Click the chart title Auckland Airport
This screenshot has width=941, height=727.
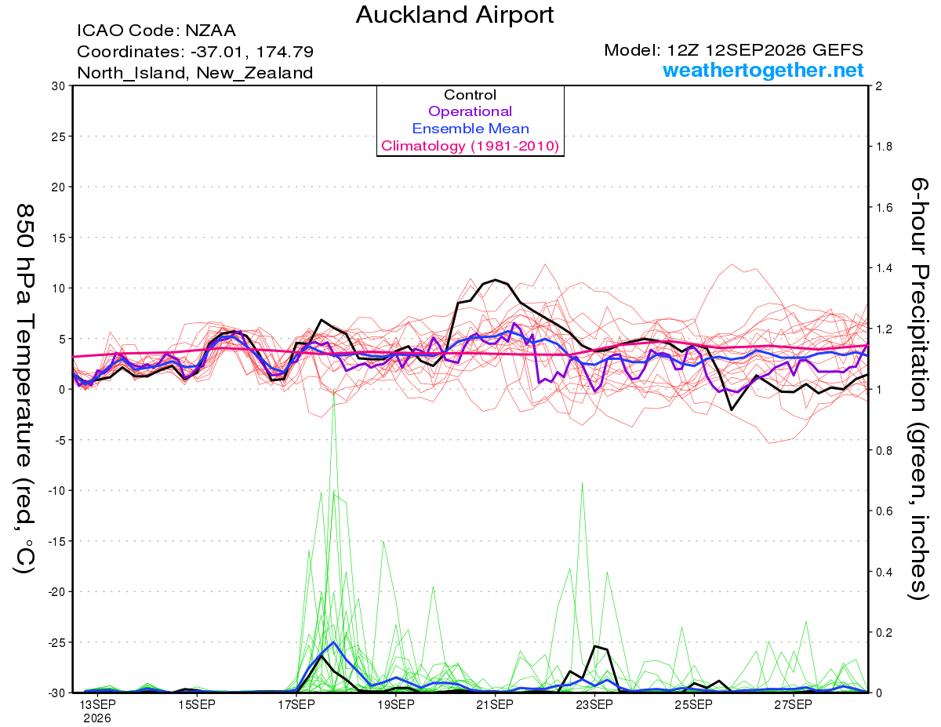pyautogui.click(x=454, y=15)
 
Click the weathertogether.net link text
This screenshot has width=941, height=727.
pyautogui.click(x=763, y=70)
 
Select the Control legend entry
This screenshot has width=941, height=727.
pyautogui.click(x=470, y=95)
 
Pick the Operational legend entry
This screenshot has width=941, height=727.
pyautogui.click(x=470, y=111)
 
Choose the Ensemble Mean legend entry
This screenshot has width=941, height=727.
pyautogui.click(x=470, y=129)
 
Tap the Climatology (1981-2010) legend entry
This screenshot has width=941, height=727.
pyautogui.click(x=470, y=146)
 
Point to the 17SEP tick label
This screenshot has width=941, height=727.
pyautogui.click(x=296, y=704)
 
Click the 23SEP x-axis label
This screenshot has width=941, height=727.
pyautogui.click(x=594, y=704)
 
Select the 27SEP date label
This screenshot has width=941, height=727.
pyautogui.click(x=794, y=704)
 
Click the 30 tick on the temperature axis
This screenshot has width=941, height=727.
pyautogui.click(x=59, y=86)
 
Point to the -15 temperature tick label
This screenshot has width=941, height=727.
pyautogui.click(x=56, y=541)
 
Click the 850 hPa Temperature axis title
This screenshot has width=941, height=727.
pyautogui.click(x=24, y=389)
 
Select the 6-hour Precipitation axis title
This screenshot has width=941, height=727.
pyautogui.click(x=918, y=388)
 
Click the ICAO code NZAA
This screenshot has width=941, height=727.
pyautogui.click(x=210, y=31)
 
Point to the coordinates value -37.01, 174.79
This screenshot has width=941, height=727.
pyautogui.click(x=252, y=52)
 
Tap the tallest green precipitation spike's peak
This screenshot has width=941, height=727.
pyautogui.click(x=333, y=390)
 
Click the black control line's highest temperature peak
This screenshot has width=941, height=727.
pyautogui.click(x=496, y=280)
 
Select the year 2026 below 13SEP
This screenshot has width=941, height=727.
pyautogui.click(x=97, y=719)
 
